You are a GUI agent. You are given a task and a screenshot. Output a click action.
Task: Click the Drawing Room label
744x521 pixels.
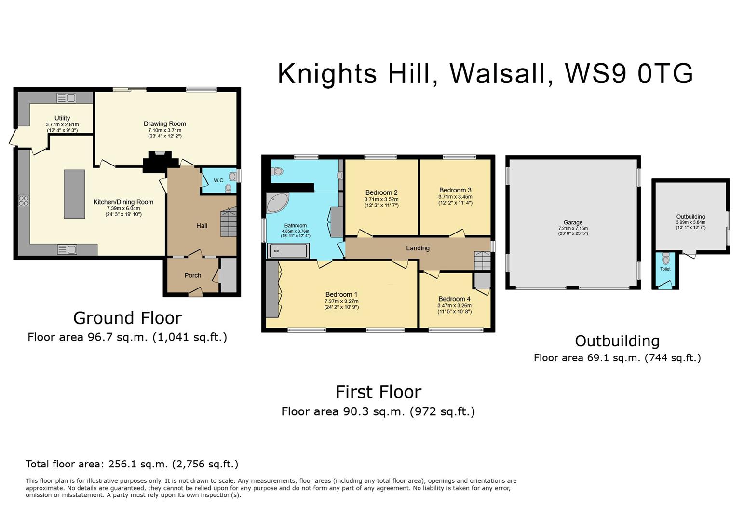(x=165, y=123)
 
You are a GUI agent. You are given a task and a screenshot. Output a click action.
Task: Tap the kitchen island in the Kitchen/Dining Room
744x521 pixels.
(x=74, y=194)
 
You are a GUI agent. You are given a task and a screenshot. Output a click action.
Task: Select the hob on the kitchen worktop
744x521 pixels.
(x=24, y=201)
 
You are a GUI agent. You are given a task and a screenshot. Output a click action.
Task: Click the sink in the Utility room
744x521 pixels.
(x=67, y=97)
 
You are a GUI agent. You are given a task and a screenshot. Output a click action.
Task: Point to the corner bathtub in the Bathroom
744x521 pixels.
(x=277, y=202)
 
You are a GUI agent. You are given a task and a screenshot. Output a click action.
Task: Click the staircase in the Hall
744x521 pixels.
(x=229, y=221)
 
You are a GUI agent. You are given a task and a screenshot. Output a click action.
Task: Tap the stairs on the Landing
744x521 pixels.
(x=482, y=261)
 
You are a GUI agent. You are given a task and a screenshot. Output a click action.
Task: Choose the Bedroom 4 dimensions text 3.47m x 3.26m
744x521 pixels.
(x=454, y=306)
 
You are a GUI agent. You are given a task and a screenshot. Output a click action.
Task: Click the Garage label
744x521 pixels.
(x=573, y=222)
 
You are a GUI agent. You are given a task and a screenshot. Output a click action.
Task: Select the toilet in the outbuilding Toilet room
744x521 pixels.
(x=665, y=259)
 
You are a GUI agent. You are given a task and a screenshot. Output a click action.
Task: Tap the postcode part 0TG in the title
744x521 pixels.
(x=665, y=74)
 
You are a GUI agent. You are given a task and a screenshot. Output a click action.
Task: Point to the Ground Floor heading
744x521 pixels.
(x=128, y=318)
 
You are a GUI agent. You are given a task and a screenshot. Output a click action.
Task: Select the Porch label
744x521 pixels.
(x=193, y=275)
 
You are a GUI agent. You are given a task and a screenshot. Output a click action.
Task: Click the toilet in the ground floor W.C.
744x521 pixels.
(x=233, y=176)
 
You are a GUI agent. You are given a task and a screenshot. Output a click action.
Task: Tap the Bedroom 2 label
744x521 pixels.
(x=381, y=192)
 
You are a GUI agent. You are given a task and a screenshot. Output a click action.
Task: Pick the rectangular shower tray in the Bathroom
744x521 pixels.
(x=288, y=250)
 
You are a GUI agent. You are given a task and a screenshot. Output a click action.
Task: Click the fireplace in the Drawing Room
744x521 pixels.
(x=160, y=161)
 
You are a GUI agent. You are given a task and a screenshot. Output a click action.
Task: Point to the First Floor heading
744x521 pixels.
(x=379, y=392)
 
